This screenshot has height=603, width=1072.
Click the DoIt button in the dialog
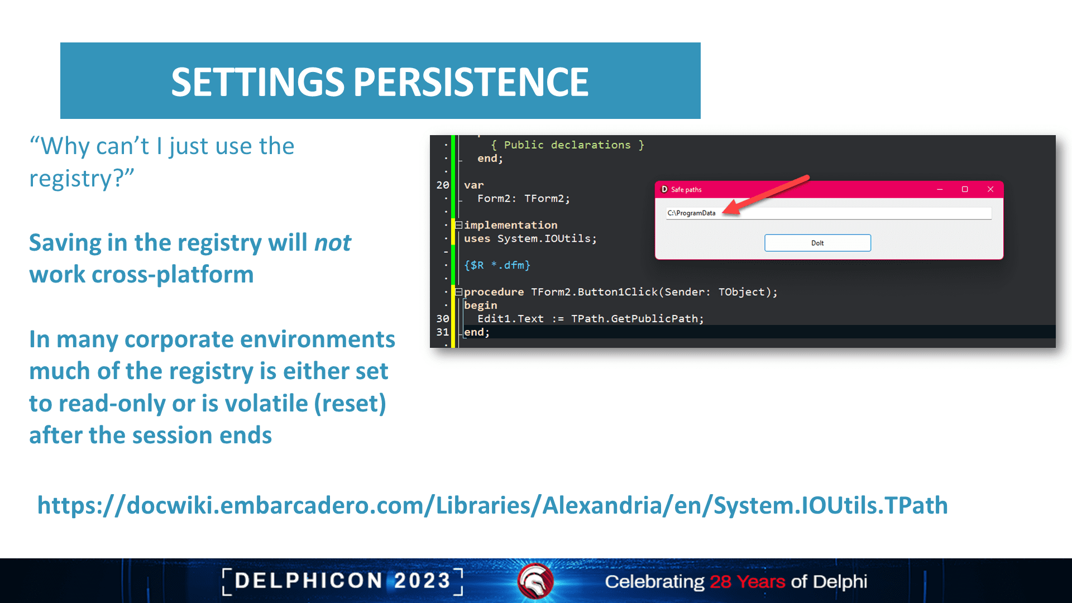[817, 243]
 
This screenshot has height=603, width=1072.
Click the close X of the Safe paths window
[990, 189]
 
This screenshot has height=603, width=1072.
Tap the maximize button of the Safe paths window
[965, 189]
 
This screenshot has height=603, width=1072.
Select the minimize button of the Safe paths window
[940, 190]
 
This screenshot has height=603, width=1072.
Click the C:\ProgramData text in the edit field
[691, 213]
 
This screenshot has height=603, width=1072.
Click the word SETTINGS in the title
[257, 82]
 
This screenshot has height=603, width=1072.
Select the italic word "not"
[333, 242]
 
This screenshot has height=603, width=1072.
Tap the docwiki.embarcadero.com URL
[492, 505]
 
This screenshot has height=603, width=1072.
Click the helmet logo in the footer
[535, 581]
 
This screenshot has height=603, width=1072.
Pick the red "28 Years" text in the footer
[748, 581]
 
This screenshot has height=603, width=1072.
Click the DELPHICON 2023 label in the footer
[342, 581]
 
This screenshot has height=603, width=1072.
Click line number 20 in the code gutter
[443, 185]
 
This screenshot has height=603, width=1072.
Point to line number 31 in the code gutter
[443, 332]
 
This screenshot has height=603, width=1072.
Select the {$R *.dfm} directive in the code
[497, 265]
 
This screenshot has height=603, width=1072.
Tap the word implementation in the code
[510, 225]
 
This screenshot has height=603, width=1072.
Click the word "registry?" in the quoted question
[82, 179]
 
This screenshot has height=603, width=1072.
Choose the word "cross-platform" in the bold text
[173, 275]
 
